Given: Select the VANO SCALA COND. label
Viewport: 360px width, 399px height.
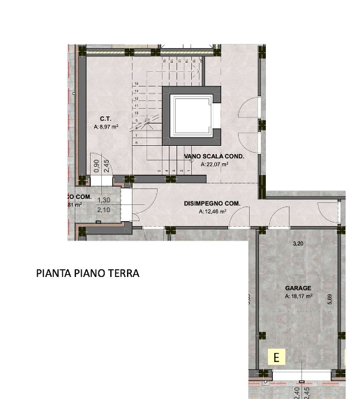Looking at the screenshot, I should coord(214,157).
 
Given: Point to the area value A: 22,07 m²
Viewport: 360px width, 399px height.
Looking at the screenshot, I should coord(214,165).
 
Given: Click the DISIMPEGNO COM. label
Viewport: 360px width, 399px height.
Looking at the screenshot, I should coord(212,203).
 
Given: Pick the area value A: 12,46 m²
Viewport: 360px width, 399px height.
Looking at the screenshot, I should coord(212,211).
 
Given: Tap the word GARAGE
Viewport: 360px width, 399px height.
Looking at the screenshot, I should coord(298,287).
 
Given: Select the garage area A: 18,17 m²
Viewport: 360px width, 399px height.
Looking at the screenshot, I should coord(298,296).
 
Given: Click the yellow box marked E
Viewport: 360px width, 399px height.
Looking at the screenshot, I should coord(277,358).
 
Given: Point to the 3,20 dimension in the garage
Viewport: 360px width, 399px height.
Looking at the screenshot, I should coord(298,243).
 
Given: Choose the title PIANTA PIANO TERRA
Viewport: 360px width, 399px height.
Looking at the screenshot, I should coord(87,273).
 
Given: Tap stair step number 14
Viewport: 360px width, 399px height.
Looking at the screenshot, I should coord(137,83).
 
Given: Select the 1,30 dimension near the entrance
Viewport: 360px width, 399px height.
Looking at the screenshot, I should coord(104,200).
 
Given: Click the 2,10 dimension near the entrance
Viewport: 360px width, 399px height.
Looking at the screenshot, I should coord(104,209).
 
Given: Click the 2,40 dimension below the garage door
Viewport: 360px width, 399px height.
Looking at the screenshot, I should coord(297,393).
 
